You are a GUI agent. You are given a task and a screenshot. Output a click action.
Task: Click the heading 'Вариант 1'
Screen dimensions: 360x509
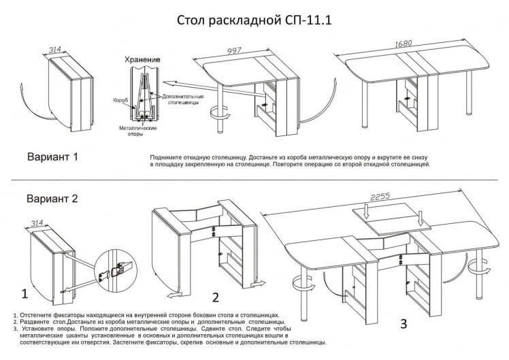pos(52,157)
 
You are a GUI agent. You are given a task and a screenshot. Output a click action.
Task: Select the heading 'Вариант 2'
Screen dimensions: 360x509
pos(52,199)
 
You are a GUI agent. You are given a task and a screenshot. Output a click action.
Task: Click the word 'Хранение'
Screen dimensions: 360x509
pos(143,59)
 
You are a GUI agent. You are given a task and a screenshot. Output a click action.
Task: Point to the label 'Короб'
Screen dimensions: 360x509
pos(120,99)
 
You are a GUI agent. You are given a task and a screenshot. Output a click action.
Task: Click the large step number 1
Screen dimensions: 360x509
pos(24,295)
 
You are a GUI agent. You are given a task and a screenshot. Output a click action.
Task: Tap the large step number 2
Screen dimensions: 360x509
pos(216,297)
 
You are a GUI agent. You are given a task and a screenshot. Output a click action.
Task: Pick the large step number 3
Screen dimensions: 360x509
pos(404,324)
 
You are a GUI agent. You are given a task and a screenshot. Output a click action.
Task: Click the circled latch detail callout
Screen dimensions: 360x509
pos(115,268)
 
